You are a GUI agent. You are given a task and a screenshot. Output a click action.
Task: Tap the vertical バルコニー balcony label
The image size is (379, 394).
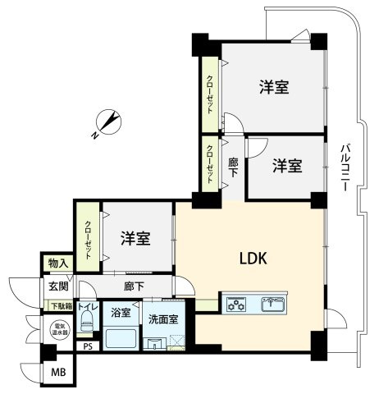345,167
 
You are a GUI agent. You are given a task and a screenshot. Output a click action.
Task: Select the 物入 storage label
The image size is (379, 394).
58,263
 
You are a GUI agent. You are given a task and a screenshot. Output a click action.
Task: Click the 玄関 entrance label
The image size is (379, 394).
57,286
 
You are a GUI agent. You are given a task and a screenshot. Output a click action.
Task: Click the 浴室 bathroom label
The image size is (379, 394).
121,313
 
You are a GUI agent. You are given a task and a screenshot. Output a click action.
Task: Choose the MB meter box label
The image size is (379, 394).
58,373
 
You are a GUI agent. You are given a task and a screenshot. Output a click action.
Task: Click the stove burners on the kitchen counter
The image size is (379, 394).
238,304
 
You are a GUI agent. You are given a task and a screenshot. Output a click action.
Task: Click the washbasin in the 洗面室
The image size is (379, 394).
153,343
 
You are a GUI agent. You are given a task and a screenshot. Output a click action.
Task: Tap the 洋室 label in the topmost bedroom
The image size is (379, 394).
274,86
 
